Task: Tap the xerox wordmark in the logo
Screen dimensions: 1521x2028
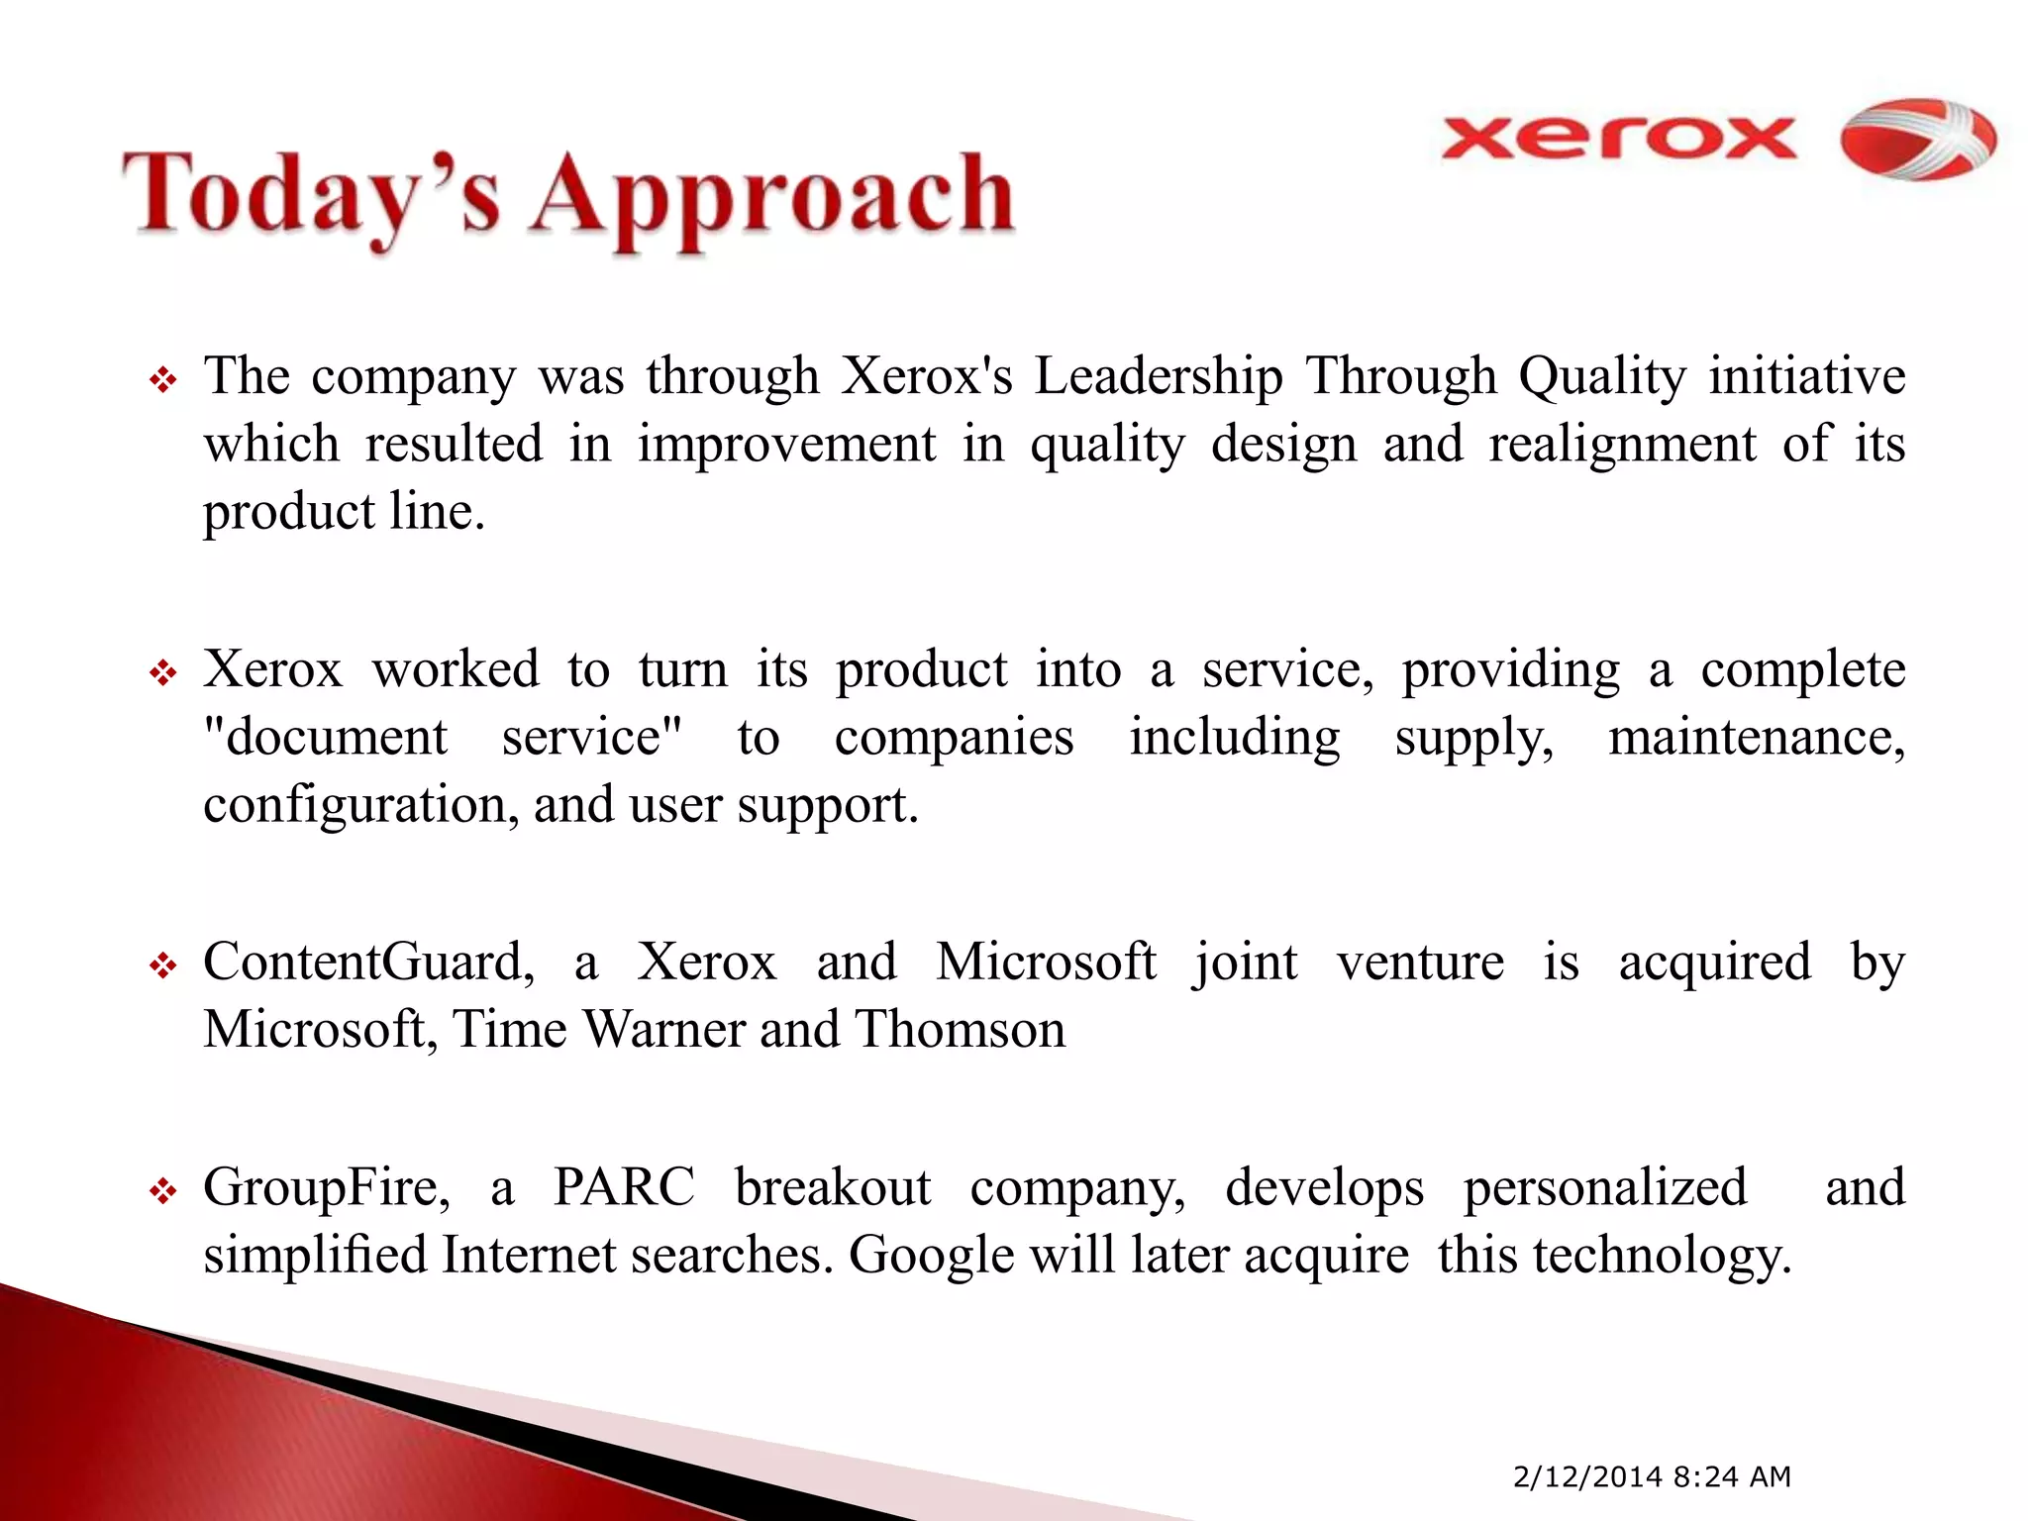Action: [x=1618, y=140]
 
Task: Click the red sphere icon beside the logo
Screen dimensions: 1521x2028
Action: [x=1917, y=140]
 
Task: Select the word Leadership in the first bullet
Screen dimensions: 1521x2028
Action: [x=1158, y=377]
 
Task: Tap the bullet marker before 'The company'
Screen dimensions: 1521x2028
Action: [x=163, y=380]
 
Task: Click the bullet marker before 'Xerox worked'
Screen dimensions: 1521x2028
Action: [x=163, y=674]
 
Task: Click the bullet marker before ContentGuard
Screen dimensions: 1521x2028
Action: [x=163, y=965]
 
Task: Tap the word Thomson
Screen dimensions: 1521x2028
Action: [x=960, y=1030]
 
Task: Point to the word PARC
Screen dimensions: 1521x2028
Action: [x=624, y=1187]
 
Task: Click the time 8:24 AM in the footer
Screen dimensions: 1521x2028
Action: [x=1732, y=1477]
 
